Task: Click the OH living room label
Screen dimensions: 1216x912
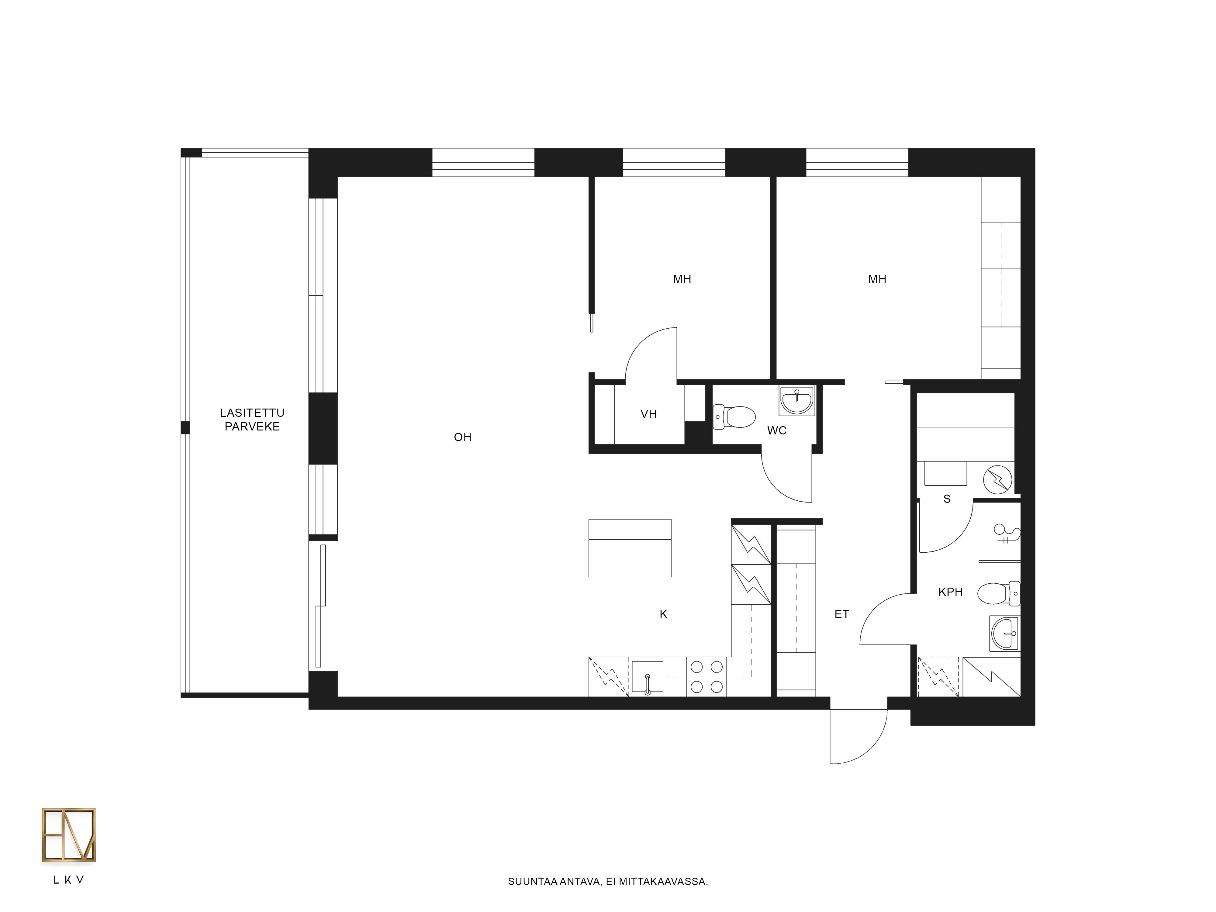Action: point(462,437)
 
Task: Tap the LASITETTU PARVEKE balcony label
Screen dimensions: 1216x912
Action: point(252,420)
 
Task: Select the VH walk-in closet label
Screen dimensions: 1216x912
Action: point(649,414)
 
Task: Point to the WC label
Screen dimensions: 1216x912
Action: point(777,430)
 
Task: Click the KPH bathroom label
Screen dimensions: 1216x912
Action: point(951,592)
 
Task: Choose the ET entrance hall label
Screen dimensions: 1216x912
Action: point(842,614)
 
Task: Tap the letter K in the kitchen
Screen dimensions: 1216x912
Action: point(664,614)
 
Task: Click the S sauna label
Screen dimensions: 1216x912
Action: point(947,499)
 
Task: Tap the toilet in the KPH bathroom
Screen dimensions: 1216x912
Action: point(1000,594)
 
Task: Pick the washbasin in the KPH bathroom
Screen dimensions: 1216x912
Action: point(1004,633)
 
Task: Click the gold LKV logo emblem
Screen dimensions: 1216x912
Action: point(69,834)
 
